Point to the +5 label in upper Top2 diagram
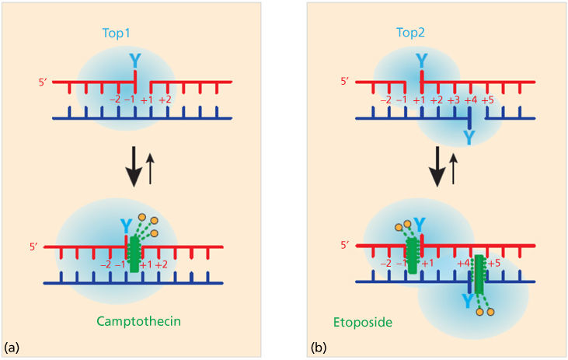[487, 100]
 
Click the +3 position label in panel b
[453, 100]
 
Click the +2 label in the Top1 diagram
[165, 100]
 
